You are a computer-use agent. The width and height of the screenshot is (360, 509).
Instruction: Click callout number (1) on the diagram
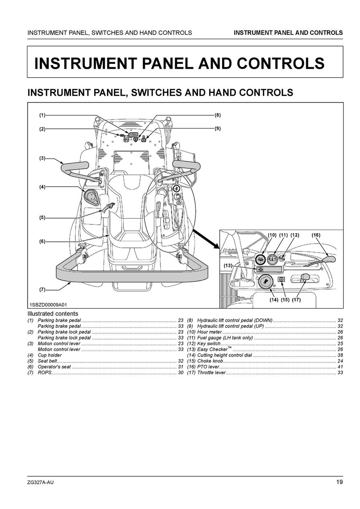42,115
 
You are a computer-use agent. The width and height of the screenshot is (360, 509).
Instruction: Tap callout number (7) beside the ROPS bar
42,290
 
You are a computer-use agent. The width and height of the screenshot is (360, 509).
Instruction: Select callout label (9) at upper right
218,129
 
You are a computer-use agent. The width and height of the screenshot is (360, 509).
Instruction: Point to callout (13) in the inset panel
228,266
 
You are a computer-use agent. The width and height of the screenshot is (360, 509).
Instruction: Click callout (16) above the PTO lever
316,235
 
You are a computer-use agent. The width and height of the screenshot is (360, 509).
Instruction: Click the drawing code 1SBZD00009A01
48,305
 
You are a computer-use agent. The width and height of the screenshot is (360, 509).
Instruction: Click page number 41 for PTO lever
340,367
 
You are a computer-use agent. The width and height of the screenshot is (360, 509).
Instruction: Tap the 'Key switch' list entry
209,344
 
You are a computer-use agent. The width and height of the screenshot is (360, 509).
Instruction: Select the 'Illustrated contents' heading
53,314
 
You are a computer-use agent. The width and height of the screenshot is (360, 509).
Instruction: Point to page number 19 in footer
339,482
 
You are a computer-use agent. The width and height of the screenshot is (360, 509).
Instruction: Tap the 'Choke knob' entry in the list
210,361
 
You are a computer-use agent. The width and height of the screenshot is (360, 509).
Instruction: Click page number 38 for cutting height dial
340,355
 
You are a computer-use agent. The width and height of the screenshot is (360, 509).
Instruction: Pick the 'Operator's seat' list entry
54,367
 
